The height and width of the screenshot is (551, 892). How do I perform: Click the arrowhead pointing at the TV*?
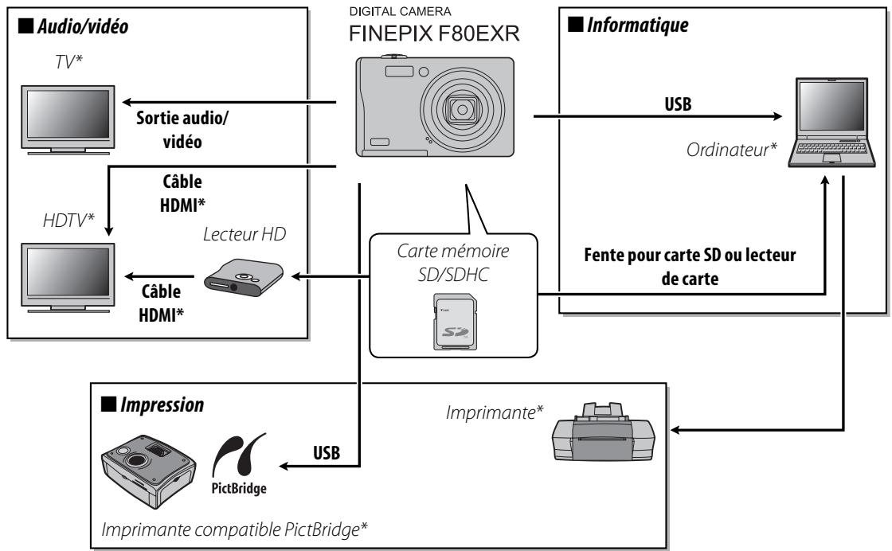coord(126,102)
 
